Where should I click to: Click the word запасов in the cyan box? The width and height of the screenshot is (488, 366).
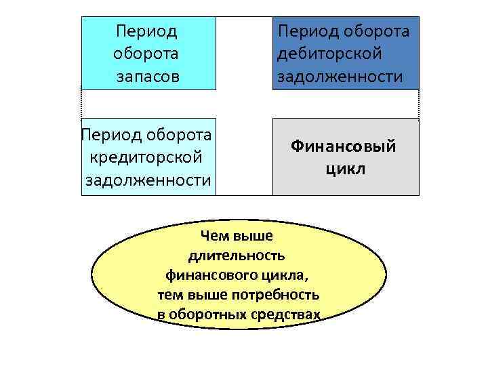pyautogui.click(x=147, y=76)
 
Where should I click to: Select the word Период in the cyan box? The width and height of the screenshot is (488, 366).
pyautogui.click(x=147, y=30)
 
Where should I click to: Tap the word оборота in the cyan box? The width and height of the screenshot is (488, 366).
pyautogui.click(x=147, y=53)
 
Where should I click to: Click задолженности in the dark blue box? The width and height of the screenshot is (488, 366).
pyautogui.click(x=340, y=77)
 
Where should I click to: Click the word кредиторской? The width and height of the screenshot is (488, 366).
pyautogui.click(x=146, y=157)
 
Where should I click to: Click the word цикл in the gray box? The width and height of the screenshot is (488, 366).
pyautogui.click(x=345, y=168)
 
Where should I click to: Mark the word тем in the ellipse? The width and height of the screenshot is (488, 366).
pyautogui.click(x=169, y=296)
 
